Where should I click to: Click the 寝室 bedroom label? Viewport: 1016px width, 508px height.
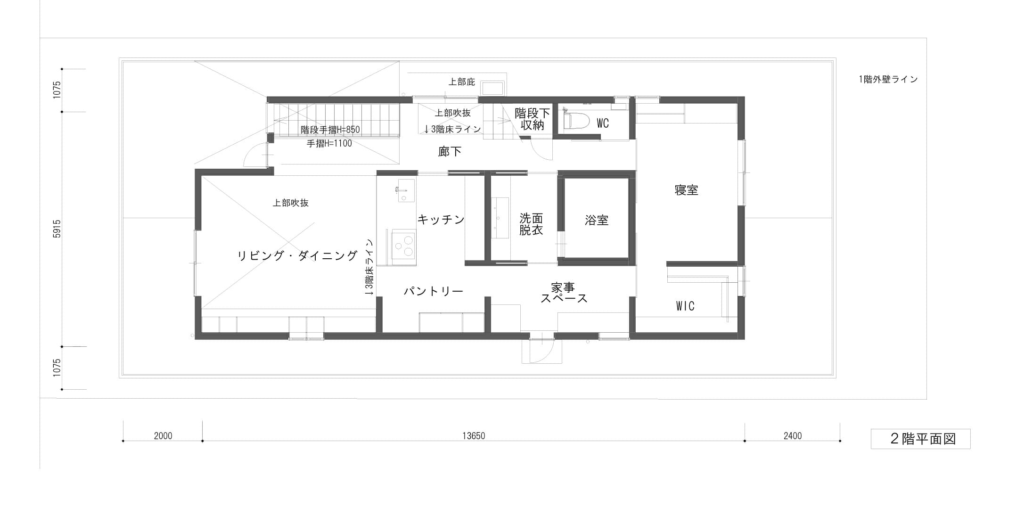tap(686, 190)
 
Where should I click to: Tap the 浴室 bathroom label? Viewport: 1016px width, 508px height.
tap(597, 220)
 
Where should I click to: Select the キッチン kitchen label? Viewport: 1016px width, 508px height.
tap(441, 220)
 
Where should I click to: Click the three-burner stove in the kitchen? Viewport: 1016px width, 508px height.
tap(403, 245)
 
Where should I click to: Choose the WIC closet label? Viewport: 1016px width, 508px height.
tap(685, 306)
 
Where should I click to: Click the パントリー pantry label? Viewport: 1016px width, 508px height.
tap(433, 291)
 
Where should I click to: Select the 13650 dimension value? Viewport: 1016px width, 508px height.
tap(474, 436)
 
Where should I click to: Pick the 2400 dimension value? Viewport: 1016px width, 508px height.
tap(793, 436)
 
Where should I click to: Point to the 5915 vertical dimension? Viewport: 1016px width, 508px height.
tap(57, 229)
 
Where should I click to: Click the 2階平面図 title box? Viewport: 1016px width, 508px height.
tap(920, 439)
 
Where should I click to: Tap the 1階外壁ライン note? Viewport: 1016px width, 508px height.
tap(888, 79)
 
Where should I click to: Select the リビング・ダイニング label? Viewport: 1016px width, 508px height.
tap(297, 256)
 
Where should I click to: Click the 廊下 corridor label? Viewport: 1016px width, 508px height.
tap(450, 152)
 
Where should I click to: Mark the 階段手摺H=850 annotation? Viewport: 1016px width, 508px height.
tap(330, 130)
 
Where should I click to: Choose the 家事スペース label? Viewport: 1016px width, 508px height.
tap(564, 293)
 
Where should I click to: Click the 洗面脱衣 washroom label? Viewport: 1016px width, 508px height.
tap(531, 224)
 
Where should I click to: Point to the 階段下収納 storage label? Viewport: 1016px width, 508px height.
tap(533, 119)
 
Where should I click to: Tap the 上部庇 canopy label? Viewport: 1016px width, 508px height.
tap(462, 82)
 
